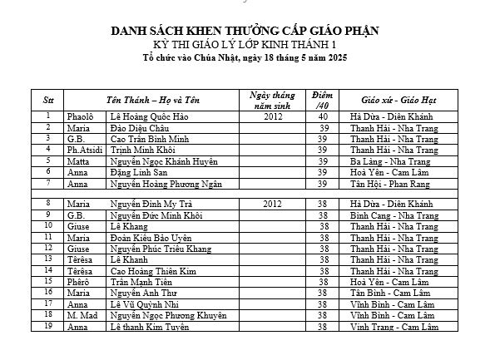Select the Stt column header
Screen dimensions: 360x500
tap(48, 99)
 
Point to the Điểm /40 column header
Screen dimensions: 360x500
tap(322, 99)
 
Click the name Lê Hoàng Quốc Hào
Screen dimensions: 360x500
tap(145, 117)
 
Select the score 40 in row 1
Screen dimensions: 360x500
tap(323, 117)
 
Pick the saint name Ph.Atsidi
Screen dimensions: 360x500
tap(84, 150)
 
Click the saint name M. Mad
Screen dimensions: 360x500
tap(83, 316)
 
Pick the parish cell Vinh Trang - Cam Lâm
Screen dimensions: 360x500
tap(393, 327)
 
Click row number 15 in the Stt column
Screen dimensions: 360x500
tap(49, 282)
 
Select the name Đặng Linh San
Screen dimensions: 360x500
tap(139, 171)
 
